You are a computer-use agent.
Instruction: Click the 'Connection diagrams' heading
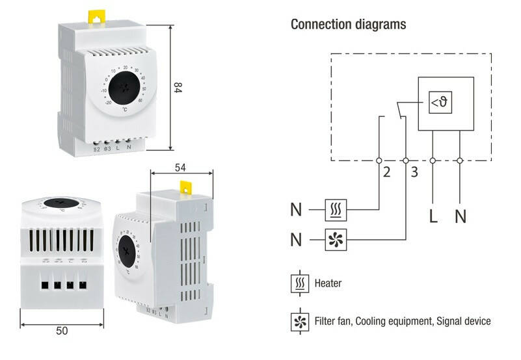pos(348,25)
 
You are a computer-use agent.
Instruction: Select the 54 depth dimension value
pos(181,168)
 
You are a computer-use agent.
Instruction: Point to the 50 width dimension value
pos(62,331)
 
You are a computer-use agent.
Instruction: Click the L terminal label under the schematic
pos(433,216)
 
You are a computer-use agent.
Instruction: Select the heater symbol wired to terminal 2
pos(336,210)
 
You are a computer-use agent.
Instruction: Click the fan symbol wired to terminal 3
pos(336,240)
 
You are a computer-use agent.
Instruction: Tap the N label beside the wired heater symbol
pos(297,210)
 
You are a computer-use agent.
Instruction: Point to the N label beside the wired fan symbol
pos(297,240)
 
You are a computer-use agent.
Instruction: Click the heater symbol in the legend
pos(300,283)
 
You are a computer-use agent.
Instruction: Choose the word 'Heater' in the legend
pos(328,284)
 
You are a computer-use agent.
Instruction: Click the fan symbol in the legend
pos(300,321)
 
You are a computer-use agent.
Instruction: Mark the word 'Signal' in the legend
pos(445,321)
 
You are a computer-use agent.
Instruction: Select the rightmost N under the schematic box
pos(461,216)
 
